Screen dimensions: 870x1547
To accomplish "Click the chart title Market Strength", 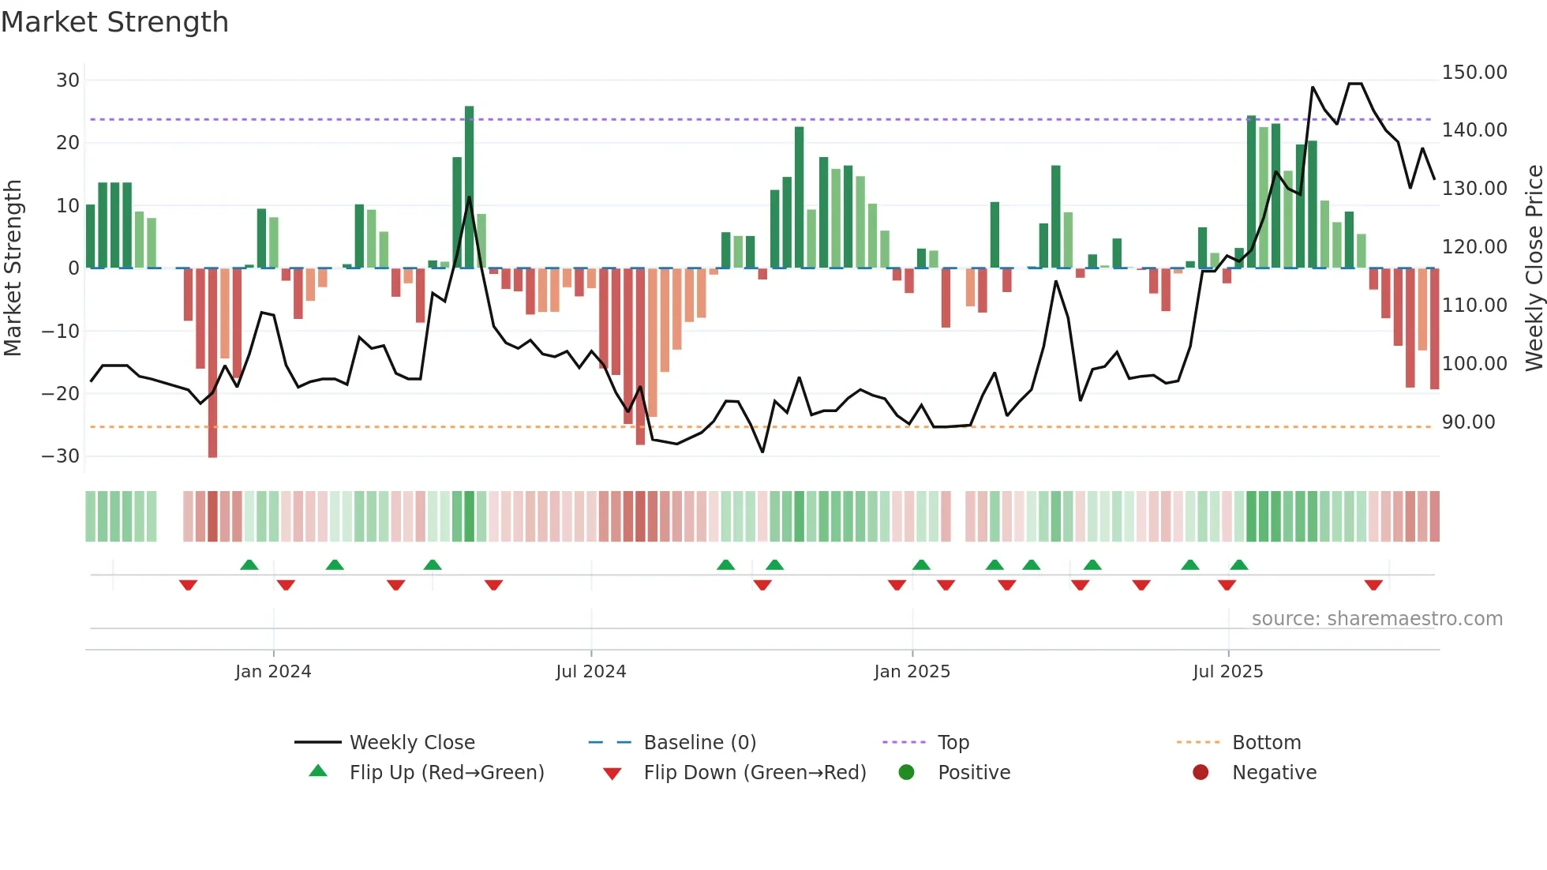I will (114, 22).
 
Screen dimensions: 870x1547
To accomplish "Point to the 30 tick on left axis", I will (68, 81).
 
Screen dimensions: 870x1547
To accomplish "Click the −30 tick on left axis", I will (62, 456).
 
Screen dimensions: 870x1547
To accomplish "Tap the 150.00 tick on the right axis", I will (1474, 73).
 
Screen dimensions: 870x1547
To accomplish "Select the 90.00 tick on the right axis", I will (1468, 422).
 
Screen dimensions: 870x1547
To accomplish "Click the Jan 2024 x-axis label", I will (273, 672).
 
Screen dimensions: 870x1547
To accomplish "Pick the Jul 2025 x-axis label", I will (1227, 672).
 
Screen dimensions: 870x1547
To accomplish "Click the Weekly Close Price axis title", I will (1534, 268).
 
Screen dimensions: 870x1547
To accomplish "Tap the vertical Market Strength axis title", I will (13, 268).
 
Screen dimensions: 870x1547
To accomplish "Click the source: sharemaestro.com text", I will (1377, 619).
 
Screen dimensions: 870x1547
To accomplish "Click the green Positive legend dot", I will (906, 772).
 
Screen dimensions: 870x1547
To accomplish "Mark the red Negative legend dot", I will (1201, 772).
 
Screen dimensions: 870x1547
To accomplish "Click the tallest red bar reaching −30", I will (212, 363).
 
